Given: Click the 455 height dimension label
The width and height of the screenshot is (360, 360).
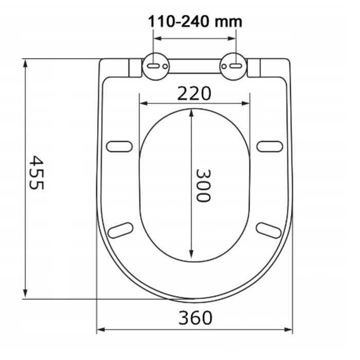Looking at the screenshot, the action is (37, 172).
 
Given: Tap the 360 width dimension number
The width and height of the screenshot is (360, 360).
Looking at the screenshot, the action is (195, 318).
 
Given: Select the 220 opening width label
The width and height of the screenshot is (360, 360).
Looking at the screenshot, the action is (194, 94).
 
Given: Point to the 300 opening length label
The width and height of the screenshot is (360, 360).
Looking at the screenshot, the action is (203, 186).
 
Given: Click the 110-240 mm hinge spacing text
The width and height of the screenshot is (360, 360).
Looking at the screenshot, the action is (195, 22).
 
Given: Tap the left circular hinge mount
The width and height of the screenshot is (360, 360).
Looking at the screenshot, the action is (156, 66).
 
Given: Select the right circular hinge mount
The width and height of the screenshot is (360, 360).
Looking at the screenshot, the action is (233, 66).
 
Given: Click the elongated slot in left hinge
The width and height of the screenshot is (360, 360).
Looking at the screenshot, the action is (153, 66).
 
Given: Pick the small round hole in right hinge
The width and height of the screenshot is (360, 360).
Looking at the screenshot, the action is (224, 66).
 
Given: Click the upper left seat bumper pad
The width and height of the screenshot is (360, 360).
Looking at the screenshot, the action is (119, 147).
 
